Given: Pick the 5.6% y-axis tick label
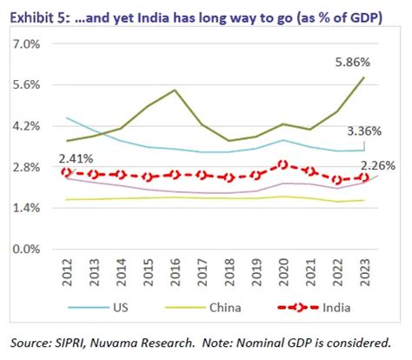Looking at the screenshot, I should click(35, 84).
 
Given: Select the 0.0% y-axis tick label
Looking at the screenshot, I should click(35, 249).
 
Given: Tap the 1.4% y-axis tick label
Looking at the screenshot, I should click(35, 208).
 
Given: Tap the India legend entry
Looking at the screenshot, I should click(328, 308).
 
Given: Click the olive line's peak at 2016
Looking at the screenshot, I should click(175, 90).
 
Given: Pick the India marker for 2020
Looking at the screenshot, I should click(282, 164).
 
